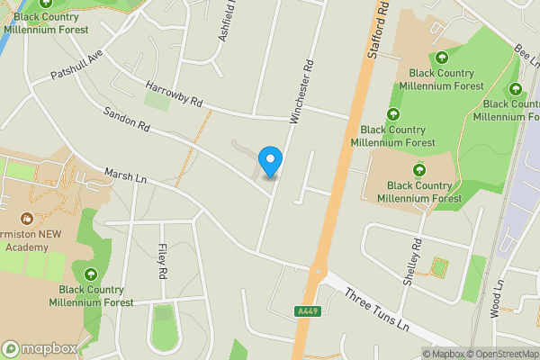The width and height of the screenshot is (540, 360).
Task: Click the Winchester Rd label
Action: click(301, 91)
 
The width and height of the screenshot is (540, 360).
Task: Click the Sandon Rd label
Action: click(126, 121)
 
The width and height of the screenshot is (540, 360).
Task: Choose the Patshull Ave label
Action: click(77, 62)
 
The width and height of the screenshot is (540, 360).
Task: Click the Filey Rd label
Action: click(162, 260)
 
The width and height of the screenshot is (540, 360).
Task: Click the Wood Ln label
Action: click(498, 297)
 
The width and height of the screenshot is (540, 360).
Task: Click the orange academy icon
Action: click(26, 218)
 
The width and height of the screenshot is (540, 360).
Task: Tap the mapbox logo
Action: click(40, 348)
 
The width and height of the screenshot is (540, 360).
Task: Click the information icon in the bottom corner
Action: click(427, 354)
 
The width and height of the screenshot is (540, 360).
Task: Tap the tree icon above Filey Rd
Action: click(90, 274)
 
